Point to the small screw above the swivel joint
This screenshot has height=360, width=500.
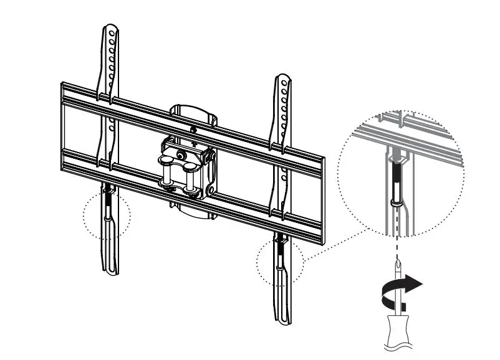point(194,130)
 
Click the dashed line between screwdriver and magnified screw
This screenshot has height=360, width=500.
point(396,237)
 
